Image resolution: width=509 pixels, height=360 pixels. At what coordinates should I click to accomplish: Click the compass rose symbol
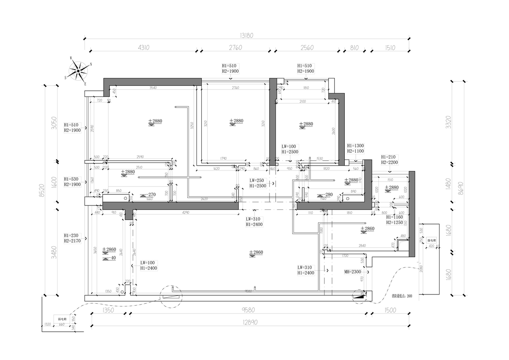78,70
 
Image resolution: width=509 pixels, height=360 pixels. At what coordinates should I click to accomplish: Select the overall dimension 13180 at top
247,35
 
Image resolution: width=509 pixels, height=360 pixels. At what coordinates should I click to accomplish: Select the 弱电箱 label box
61,318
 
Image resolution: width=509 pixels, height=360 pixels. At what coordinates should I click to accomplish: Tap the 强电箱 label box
432,240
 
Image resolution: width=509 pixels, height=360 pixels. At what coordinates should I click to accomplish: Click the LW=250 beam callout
258,183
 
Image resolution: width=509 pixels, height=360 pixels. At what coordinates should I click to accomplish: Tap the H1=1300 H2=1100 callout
355,148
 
